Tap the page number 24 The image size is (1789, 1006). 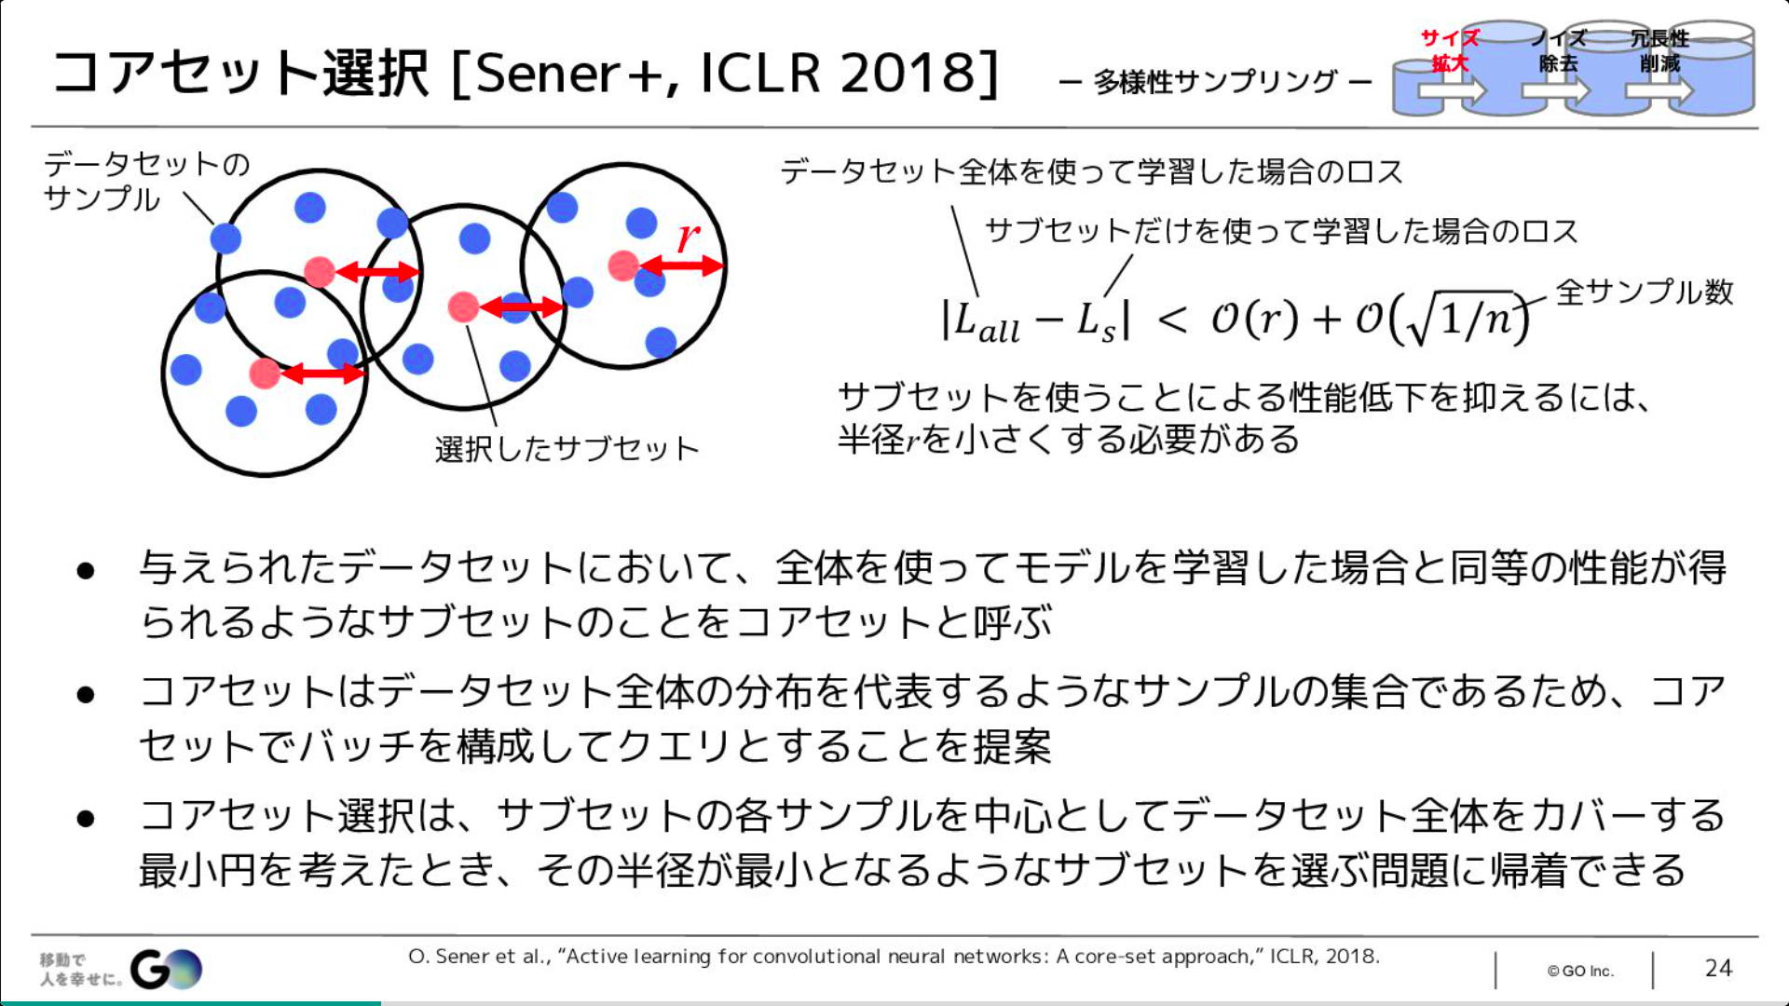(x=1718, y=969)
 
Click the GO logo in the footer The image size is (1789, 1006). (x=166, y=970)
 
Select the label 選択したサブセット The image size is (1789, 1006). (x=567, y=449)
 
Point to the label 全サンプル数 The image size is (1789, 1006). (x=1645, y=292)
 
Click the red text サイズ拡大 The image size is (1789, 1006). (x=1450, y=50)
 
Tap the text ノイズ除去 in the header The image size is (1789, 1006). (x=1558, y=50)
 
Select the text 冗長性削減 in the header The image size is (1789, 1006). (x=1659, y=50)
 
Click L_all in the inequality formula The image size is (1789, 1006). (x=986, y=321)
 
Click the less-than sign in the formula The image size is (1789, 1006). (x=1172, y=321)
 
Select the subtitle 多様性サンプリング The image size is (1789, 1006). (x=1216, y=82)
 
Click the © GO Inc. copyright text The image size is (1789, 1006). (x=1580, y=971)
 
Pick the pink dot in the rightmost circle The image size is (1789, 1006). (x=623, y=265)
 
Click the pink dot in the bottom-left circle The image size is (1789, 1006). (x=265, y=374)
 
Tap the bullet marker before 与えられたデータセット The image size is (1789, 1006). (x=87, y=570)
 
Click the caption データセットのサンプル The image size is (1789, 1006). (x=147, y=182)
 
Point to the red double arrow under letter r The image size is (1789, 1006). (x=681, y=266)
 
